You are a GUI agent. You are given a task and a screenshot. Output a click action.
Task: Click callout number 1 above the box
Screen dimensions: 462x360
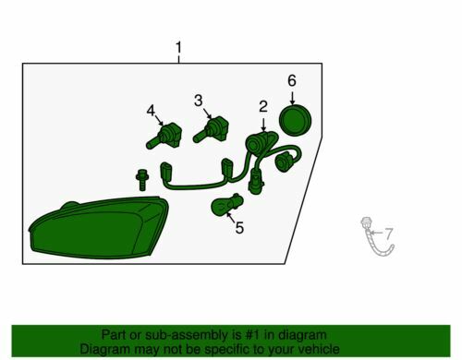click(x=178, y=48)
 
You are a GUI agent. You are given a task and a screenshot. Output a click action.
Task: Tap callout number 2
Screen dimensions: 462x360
click(x=263, y=106)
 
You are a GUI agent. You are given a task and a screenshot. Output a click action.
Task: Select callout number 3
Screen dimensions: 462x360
click(x=199, y=101)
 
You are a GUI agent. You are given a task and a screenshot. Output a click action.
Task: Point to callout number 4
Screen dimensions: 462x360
click(x=151, y=111)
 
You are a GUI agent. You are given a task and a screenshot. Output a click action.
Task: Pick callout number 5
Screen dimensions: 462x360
click(x=239, y=228)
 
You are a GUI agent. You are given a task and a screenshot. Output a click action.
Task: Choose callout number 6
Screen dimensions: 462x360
click(x=292, y=80)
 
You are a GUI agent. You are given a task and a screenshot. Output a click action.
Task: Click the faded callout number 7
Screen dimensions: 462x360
click(x=389, y=234)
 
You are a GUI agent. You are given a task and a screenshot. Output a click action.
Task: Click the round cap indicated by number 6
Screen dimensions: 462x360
click(x=295, y=120)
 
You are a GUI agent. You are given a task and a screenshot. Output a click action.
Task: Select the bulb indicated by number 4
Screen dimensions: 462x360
click(x=164, y=136)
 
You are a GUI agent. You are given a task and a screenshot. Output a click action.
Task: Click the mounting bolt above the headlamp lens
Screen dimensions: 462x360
click(x=142, y=180)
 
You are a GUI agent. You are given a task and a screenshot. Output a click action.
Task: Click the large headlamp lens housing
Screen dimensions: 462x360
click(x=99, y=228)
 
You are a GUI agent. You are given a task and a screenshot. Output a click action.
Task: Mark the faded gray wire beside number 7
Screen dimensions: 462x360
click(x=376, y=237)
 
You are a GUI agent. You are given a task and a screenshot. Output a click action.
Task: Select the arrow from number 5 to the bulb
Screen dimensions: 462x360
click(x=231, y=217)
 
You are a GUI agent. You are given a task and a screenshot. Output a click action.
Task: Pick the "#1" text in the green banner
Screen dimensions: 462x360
click(x=252, y=335)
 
